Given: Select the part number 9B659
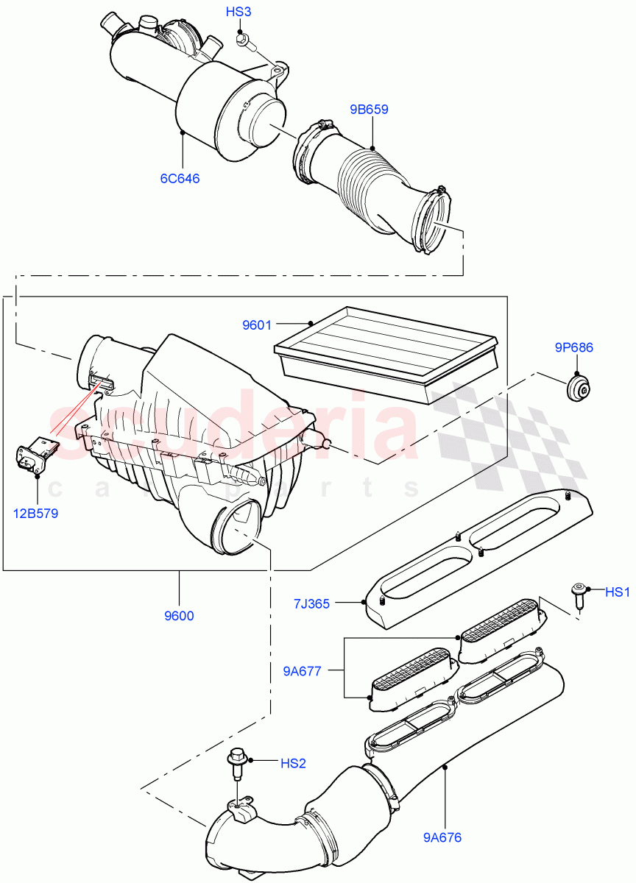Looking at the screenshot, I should point(369,110).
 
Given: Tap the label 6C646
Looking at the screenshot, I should point(180,178).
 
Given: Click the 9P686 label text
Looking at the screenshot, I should point(573,347).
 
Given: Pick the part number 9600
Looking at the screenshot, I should point(179,616).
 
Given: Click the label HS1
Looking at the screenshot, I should point(618,592).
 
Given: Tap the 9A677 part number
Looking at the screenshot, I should point(303,670).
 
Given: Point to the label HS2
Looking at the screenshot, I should point(292,763).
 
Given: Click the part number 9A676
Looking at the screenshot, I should point(443,837).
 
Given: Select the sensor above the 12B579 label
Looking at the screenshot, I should point(34,456).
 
